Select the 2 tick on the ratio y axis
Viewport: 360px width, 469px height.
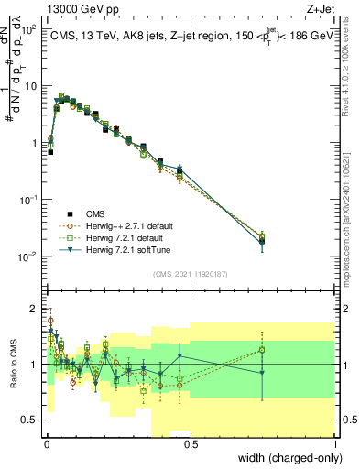coord(33,308)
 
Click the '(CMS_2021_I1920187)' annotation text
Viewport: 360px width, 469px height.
coord(191,274)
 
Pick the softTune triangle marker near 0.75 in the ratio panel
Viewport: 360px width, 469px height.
coord(263,373)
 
